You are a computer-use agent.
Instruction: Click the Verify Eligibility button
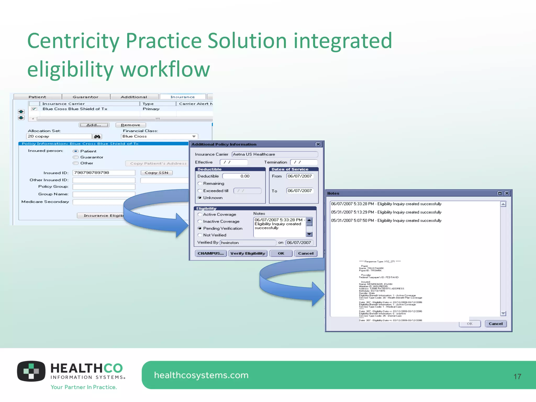point(248,253)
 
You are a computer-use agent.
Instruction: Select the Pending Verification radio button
point(200,228)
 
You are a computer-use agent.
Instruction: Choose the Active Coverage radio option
point(200,214)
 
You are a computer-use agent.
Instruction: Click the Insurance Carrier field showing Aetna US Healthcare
point(275,154)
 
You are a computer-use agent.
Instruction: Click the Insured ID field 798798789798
point(104,173)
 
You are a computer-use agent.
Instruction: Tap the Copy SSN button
point(157,173)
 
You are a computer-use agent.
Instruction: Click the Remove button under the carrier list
point(131,125)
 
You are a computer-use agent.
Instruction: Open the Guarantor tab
point(86,97)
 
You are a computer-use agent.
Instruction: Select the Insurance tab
point(182,97)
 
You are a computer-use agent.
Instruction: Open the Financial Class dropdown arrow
point(194,136)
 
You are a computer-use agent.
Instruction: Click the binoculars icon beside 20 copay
point(97,137)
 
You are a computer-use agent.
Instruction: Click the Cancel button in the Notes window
point(495,324)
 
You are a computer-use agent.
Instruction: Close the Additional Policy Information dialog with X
point(318,144)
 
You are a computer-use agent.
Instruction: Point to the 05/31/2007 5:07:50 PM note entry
point(386,221)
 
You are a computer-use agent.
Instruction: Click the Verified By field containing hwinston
point(248,243)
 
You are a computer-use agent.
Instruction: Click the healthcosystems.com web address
point(201,375)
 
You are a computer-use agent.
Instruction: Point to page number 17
point(517,377)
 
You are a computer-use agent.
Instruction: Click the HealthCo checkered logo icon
point(31,371)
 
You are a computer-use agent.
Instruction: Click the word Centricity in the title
point(73,41)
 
